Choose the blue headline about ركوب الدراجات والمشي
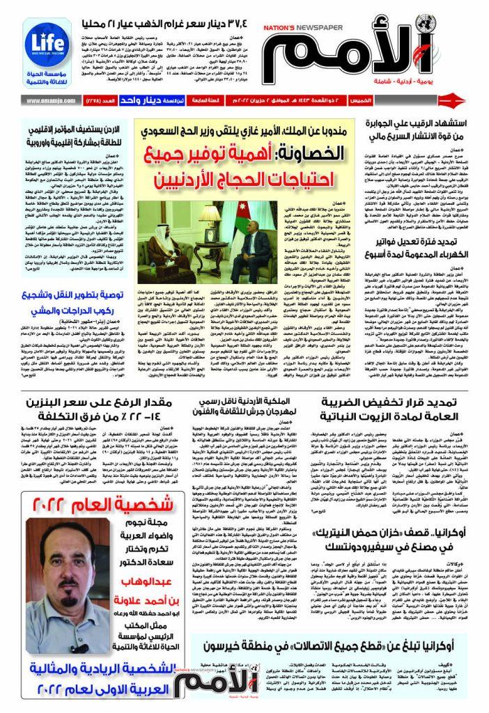[x=75, y=300]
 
